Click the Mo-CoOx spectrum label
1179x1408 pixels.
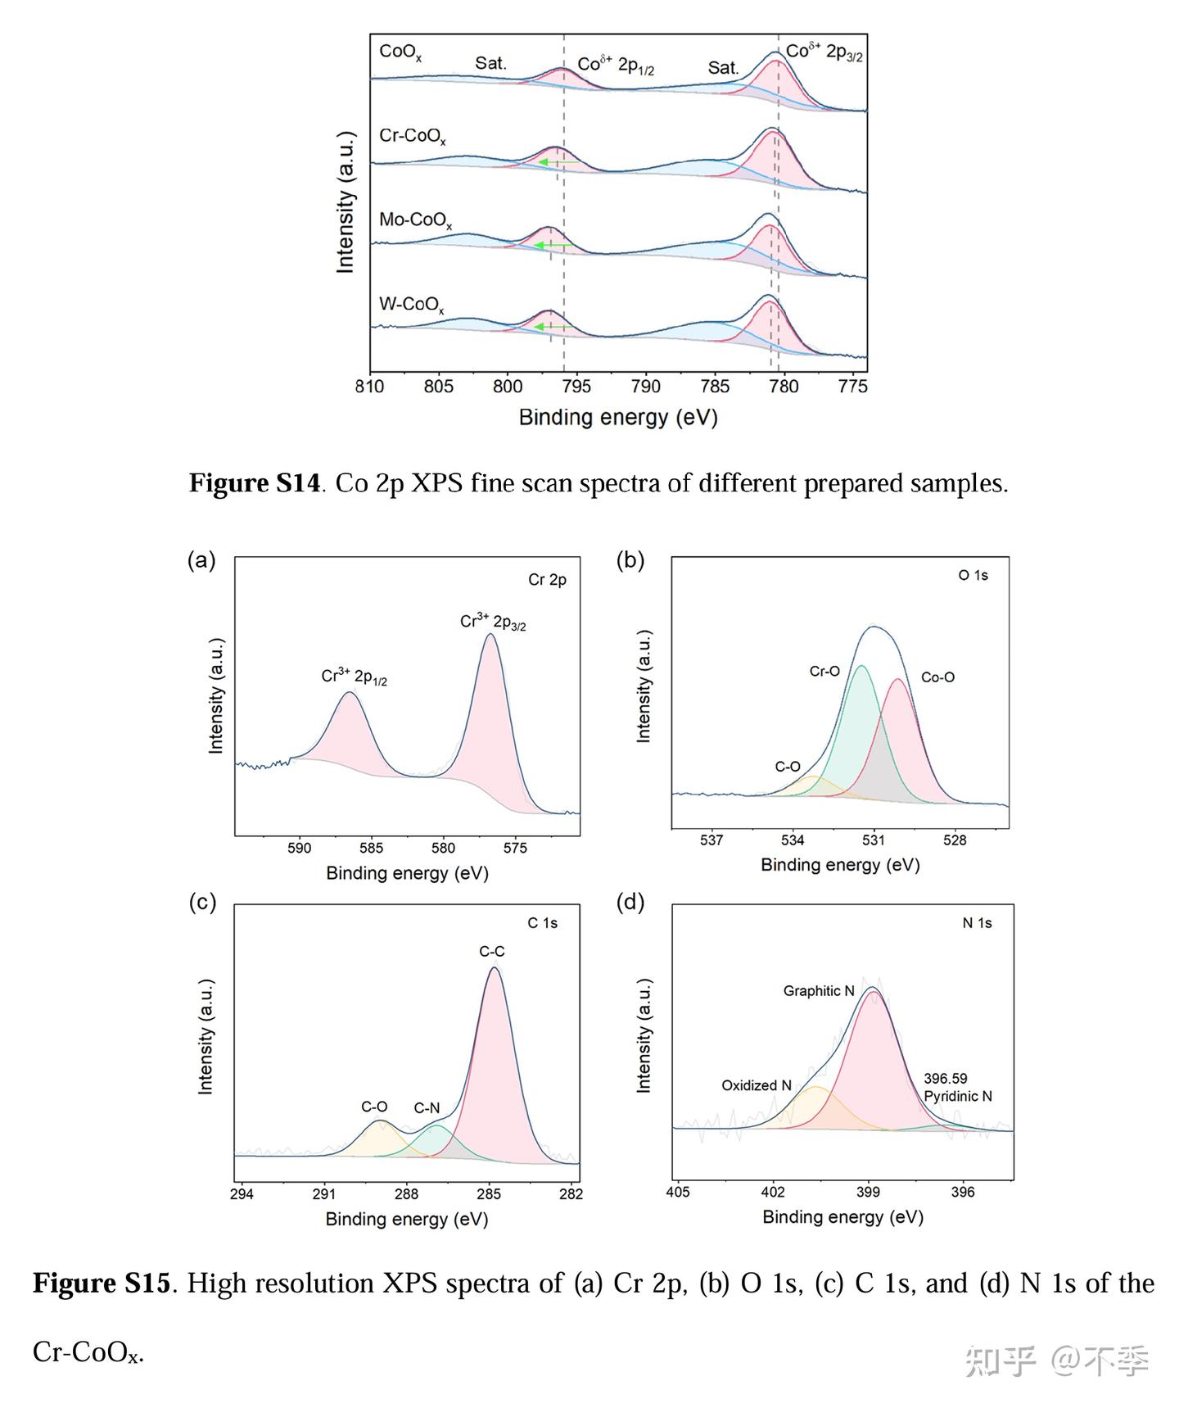tap(415, 220)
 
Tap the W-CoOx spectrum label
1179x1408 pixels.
tap(411, 305)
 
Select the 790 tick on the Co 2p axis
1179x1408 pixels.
tap(646, 386)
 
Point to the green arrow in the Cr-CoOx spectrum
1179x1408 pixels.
tap(553, 162)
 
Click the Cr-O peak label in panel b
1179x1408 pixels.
tap(824, 671)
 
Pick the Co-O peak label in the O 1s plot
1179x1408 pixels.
tap(937, 677)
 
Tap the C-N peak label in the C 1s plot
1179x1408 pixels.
tap(427, 1107)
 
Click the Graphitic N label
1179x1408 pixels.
tap(819, 990)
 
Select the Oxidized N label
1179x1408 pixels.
tap(756, 1085)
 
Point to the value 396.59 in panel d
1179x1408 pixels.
tap(946, 1078)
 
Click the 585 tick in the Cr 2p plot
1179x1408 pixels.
tap(371, 848)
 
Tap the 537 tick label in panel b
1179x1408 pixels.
tap(711, 840)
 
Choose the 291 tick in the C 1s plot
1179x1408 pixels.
tap(324, 1193)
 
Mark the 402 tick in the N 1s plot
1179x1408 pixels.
tap(773, 1192)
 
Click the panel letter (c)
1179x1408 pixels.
tap(202, 902)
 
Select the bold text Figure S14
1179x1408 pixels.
tap(255, 482)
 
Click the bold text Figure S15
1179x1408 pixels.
tap(102, 1283)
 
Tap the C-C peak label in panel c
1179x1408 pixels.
tap(491, 951)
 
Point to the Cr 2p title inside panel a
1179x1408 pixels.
tap(547, 580)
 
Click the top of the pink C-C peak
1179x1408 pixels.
tap(494, 968)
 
